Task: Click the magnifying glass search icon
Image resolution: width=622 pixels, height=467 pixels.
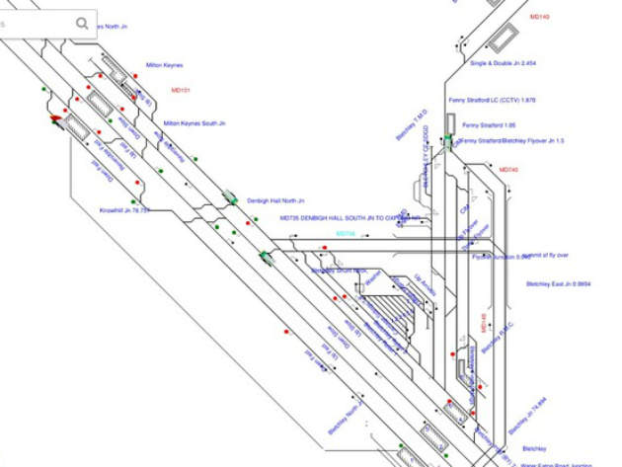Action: [x=82, y=23]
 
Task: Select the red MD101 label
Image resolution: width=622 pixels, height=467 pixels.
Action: [x=180, y=90]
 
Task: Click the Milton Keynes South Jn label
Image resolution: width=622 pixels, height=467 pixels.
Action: [x=194, y=123]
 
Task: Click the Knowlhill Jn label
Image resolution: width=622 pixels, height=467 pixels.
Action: [x=125, y=210]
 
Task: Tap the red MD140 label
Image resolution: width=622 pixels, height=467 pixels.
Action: [x=539, y=18]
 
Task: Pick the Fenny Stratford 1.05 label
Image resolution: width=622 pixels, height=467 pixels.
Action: [x=496, y=125]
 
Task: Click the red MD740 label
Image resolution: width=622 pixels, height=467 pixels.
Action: [x=508, y=170]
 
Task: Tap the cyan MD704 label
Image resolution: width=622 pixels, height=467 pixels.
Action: [x=345, y=234]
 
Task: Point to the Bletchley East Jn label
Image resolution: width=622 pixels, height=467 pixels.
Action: [x=557, y=283]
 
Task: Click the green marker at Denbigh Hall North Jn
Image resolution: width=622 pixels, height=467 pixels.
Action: [x=231, y=198]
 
